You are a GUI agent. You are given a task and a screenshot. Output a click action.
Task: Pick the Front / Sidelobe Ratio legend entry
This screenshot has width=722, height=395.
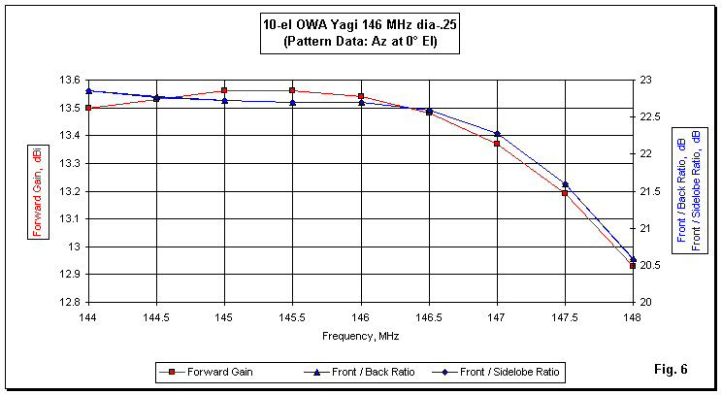(x=510, y=371)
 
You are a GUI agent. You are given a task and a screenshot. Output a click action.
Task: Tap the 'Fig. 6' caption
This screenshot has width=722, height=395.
(x=672, y=369)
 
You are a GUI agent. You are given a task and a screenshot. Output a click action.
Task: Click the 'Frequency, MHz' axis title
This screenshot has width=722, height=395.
(x=360, y=336)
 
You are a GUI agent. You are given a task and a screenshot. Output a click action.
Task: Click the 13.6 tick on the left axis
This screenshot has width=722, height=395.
(x=69, y=81)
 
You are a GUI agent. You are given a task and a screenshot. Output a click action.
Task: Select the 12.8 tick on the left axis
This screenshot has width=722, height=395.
(x=69, y=302)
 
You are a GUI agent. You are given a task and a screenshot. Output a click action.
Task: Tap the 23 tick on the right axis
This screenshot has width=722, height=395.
(x=644, y=81)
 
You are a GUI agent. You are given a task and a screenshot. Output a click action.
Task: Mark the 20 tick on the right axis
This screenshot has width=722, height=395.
(x=644, y=302)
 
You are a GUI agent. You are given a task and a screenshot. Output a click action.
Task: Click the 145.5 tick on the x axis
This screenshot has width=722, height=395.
(x=292, y=316)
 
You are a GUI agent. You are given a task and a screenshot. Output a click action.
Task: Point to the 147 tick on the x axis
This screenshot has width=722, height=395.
(x=496, y=316)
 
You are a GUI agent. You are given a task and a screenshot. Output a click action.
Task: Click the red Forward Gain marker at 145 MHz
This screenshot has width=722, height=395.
(x=224, y=90)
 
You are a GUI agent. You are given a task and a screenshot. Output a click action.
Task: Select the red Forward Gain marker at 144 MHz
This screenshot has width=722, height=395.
(x=88, y=108)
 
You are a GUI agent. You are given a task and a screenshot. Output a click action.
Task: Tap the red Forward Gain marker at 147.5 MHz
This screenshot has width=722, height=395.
(x=564, y=193)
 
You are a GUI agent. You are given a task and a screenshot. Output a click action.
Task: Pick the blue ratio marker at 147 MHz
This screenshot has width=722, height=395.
(x=497, y=134)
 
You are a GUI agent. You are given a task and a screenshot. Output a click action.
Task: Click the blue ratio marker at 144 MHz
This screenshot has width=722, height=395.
(x=88, y=91)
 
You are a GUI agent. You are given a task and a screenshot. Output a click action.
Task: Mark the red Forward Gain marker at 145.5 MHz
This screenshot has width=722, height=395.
(x=292, y=90)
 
